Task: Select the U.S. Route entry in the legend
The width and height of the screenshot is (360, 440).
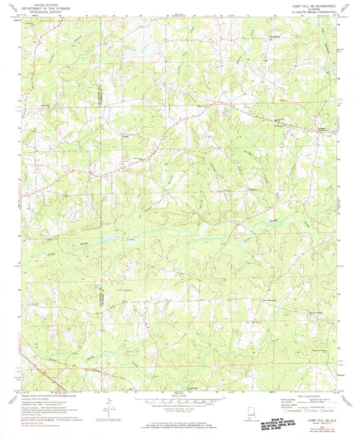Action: pyautogui.click(x=317, y=411)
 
